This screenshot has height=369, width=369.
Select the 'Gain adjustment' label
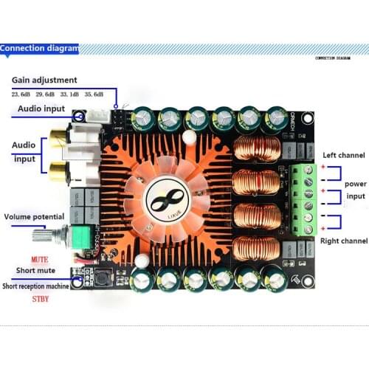[44, 80]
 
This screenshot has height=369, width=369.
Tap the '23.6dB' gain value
[21, 94]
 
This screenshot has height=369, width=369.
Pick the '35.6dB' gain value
[94, 94]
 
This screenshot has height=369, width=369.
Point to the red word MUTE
[41, 260]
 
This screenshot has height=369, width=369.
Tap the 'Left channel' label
[345, 155]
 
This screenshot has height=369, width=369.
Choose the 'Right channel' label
[344, 241]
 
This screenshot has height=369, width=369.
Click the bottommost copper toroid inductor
[256, 249]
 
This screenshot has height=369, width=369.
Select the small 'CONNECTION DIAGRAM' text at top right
[333, 58]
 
